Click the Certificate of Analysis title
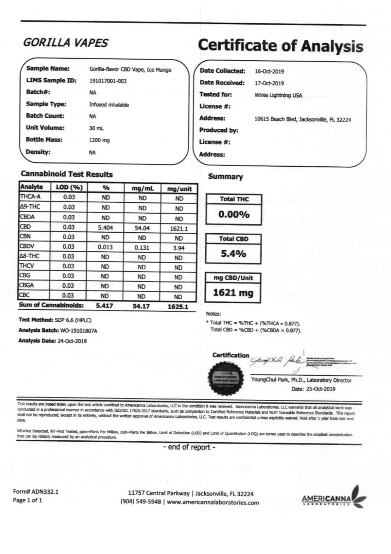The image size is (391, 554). click(280, 46)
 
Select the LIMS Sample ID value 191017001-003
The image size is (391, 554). click(108, 81)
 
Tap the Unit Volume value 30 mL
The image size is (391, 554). click(96, 128)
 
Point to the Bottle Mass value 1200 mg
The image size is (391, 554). click(99, 140)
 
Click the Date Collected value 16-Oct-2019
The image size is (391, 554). click(269, 71)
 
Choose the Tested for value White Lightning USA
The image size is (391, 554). click(278, 95)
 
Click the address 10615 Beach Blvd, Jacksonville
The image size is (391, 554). click(302, 120)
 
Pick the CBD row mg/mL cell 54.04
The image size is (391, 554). click(142, 228)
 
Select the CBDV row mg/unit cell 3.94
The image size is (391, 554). click(178, 248)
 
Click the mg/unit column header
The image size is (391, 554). click(179, 189)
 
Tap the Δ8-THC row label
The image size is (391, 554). click(30, 256)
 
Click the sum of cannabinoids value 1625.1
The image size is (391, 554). click(178, 307)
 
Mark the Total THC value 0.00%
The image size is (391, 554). click(234, 215)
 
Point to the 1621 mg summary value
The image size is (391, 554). click(233, 293)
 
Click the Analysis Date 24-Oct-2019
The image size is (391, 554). click(72, 341)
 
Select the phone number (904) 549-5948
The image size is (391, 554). click(140, 502)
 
